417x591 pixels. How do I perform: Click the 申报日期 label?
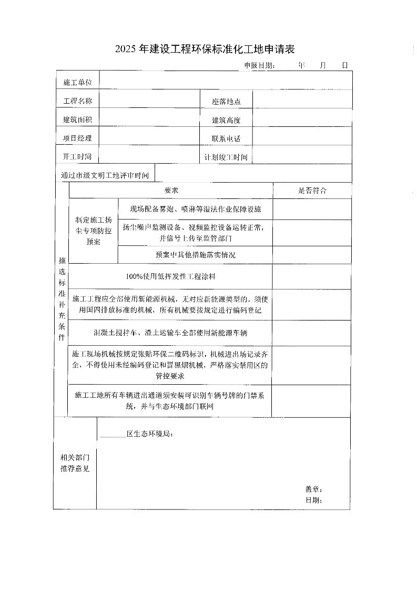click(x=259, y=66)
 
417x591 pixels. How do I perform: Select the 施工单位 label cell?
click(x=78, y=82)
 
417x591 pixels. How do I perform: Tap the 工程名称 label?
click(x=78, y=101)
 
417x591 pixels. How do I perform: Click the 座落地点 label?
click(x=226, y=102)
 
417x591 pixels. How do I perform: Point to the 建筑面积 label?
click(x=78, y=119)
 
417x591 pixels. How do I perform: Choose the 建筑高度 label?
click(x=226, y=120)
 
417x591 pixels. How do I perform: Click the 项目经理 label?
click(x=78, y=138)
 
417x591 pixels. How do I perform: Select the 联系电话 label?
click(x=226, y=138)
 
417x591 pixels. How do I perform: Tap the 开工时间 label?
click(x=77, y=157)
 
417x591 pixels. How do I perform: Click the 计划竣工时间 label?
click(x=226, y=157)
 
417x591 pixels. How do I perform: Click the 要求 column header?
click(x=171, y=191)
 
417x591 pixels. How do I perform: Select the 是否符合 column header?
click(x=312, y=191)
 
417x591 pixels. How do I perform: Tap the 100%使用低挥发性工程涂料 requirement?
click(x=171, y=276)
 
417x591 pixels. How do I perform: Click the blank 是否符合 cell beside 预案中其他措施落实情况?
click(x=312, y=255)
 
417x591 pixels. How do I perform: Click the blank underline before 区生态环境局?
click(x=113, y=435)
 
